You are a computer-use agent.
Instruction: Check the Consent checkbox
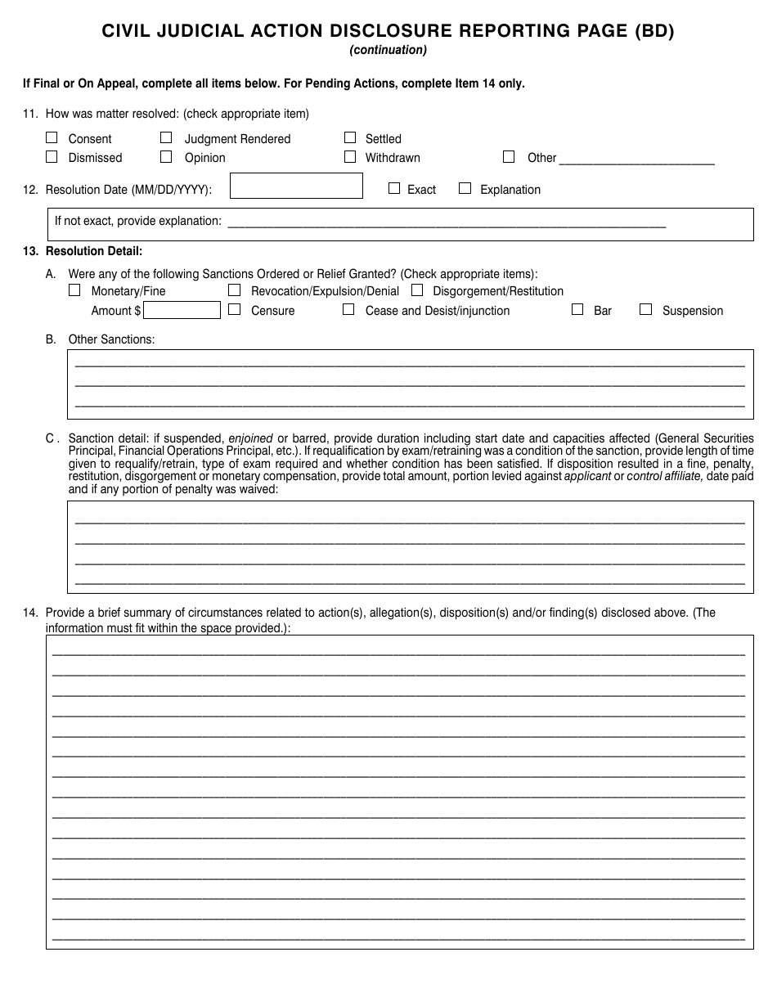click(52, 137)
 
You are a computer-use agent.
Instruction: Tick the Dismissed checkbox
click(52, 156)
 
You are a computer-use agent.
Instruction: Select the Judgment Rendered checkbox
click(166, 137)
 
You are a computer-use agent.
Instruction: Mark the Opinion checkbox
click(166, 156)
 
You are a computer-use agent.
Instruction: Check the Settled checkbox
click(350, 137)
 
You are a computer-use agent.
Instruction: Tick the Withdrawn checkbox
click(350, 156)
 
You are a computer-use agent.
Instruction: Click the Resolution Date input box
click(296, 186)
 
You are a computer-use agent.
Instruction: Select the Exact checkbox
click(393, 188)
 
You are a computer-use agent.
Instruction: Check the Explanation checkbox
click(465, 188)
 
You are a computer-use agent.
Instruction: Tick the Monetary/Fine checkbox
click(74, 290)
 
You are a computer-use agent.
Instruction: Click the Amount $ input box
click(182, 310)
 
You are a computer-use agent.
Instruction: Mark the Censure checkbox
click(234, 309)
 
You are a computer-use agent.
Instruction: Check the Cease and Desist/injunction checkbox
click(348, 309)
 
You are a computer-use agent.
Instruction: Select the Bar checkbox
click(577, 309)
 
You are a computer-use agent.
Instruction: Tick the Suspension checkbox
click(645, 309)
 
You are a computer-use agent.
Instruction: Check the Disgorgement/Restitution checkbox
click(417, 290)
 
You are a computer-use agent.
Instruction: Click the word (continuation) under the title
click(388, 50)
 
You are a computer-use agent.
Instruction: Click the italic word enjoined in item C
click(250, 438)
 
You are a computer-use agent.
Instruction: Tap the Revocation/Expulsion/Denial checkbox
click(234, 290)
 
